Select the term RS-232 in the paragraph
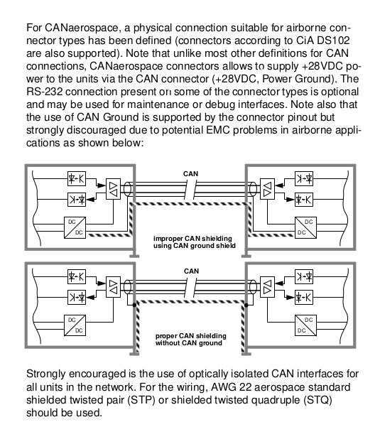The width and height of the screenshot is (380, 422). (45, 92)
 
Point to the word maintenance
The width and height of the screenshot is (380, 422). (158, 104)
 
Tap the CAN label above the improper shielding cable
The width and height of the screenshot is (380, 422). (191, 174)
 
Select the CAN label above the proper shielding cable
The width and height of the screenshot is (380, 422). (191, 271)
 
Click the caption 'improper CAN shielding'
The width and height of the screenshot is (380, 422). (192, 239)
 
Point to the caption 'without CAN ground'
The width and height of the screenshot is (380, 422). (189, 343)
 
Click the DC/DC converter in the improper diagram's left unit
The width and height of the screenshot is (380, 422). (75, 227)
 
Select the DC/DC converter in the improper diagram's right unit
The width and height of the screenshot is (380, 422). (305, 227)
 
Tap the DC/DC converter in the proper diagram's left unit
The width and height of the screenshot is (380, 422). (75, 325)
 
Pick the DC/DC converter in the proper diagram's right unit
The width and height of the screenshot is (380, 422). (305, 325)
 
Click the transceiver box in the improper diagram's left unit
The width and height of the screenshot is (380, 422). (114, 189)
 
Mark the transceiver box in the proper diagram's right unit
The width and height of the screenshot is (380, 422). (267, 287)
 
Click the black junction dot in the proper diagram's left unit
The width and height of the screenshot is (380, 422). (134, 305)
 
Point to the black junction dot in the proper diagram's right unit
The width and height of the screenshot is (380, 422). (246, 305)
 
